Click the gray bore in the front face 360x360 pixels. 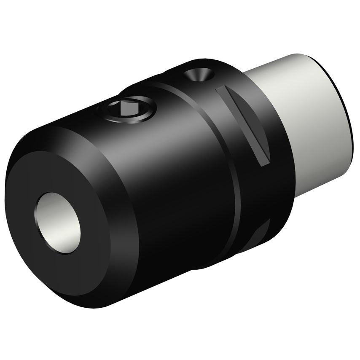pyautogui.click(x=59, y=223)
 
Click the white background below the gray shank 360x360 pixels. pyautogui.click(x=320, y=253)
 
